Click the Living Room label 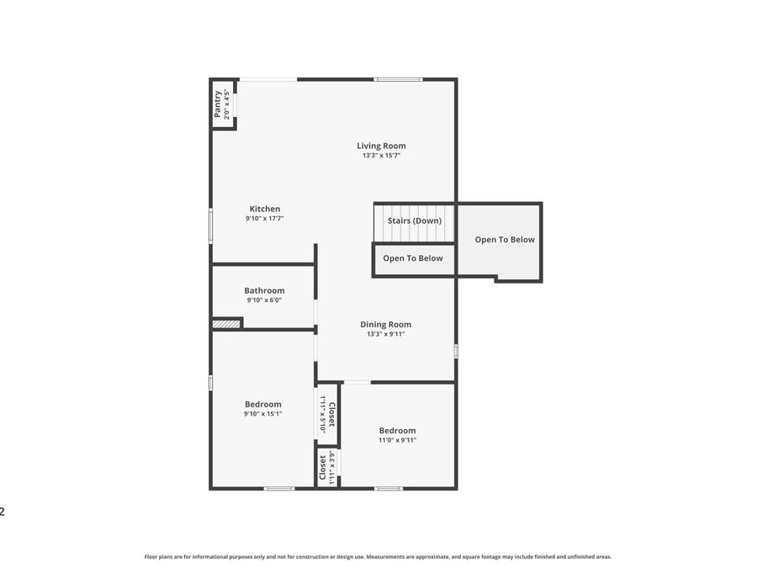coord(381,146)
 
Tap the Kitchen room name coord(265,209)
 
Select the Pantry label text coord(218,104)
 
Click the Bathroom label coord(264,290)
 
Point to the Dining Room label coord(385,324)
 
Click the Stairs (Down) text coord(414,220)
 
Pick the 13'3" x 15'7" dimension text coord(381,156)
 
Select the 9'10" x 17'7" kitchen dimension coord(265,219)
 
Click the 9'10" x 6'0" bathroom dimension coord(264,300)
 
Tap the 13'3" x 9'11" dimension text coord(385,334)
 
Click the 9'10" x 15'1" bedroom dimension coord(263,414)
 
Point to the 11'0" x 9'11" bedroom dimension coord(397,440)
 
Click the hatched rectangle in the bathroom coord(226,323)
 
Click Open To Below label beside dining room coord(413,258)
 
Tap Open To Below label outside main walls coord(505,240)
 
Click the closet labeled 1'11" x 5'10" coord(327,414)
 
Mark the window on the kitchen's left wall coord(210,226)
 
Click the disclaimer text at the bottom coord(378,556)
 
